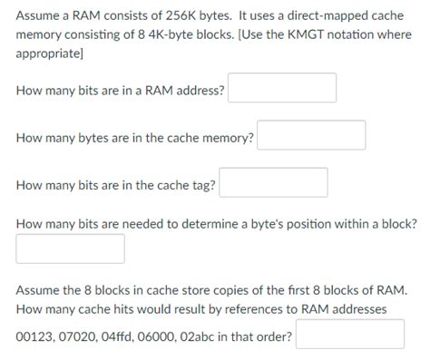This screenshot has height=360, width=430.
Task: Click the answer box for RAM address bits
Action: pos(282,90)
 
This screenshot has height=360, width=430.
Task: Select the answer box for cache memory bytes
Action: pos(311,137)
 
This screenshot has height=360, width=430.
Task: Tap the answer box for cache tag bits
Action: pos(273,184)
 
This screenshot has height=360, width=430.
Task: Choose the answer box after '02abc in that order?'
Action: pos(349,336)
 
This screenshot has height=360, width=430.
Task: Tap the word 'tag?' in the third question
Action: pos(202,185)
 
